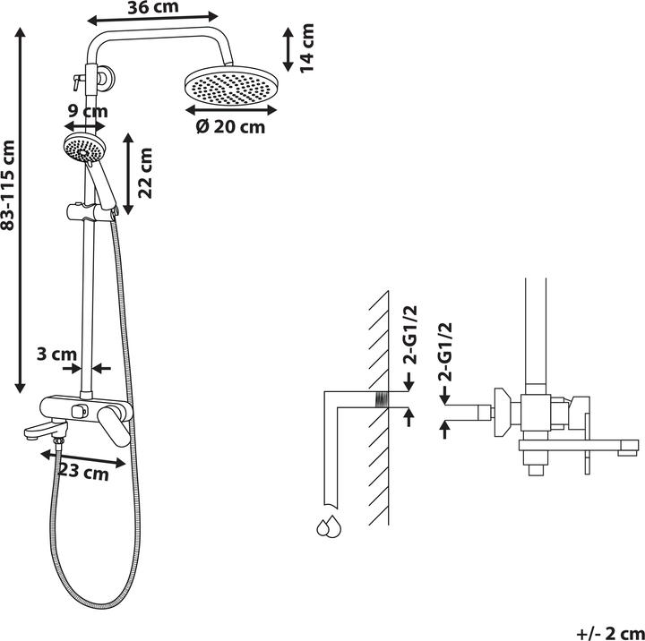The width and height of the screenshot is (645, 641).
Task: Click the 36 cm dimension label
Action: (x=153, y=7)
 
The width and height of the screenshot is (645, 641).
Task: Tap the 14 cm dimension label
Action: (x=307, y=48)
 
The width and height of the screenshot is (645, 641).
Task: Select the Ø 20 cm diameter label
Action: (x=231, y=126)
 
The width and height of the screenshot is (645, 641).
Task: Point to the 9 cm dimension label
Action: (x=88, y=111)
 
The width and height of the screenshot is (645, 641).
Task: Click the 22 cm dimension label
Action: (x=145, y=173)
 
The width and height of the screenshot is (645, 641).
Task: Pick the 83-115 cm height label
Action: (x=8, y=185)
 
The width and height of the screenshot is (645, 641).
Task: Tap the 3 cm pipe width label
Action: (x=56, y=354)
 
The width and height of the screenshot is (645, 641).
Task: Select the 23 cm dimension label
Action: (x=84, y=472)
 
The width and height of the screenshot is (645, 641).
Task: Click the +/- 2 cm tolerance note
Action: (x=610, y=633)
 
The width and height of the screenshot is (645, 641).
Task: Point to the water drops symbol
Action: (x=329, y=526)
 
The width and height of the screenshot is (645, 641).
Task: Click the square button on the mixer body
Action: (x=80, y=411)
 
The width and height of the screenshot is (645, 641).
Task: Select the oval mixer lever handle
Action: (x=115, y=426)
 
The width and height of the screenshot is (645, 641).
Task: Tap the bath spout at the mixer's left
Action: (x=46, y=430)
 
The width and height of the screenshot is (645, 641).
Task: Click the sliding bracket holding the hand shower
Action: (x=91, y=212)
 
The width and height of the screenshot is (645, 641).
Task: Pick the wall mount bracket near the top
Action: (x=106, y=78)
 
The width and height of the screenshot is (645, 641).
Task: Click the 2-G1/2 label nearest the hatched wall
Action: (x=410, y=335)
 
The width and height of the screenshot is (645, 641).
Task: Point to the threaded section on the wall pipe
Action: (x=382, y=399)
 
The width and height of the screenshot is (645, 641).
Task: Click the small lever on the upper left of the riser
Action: (x=78, y=81)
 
